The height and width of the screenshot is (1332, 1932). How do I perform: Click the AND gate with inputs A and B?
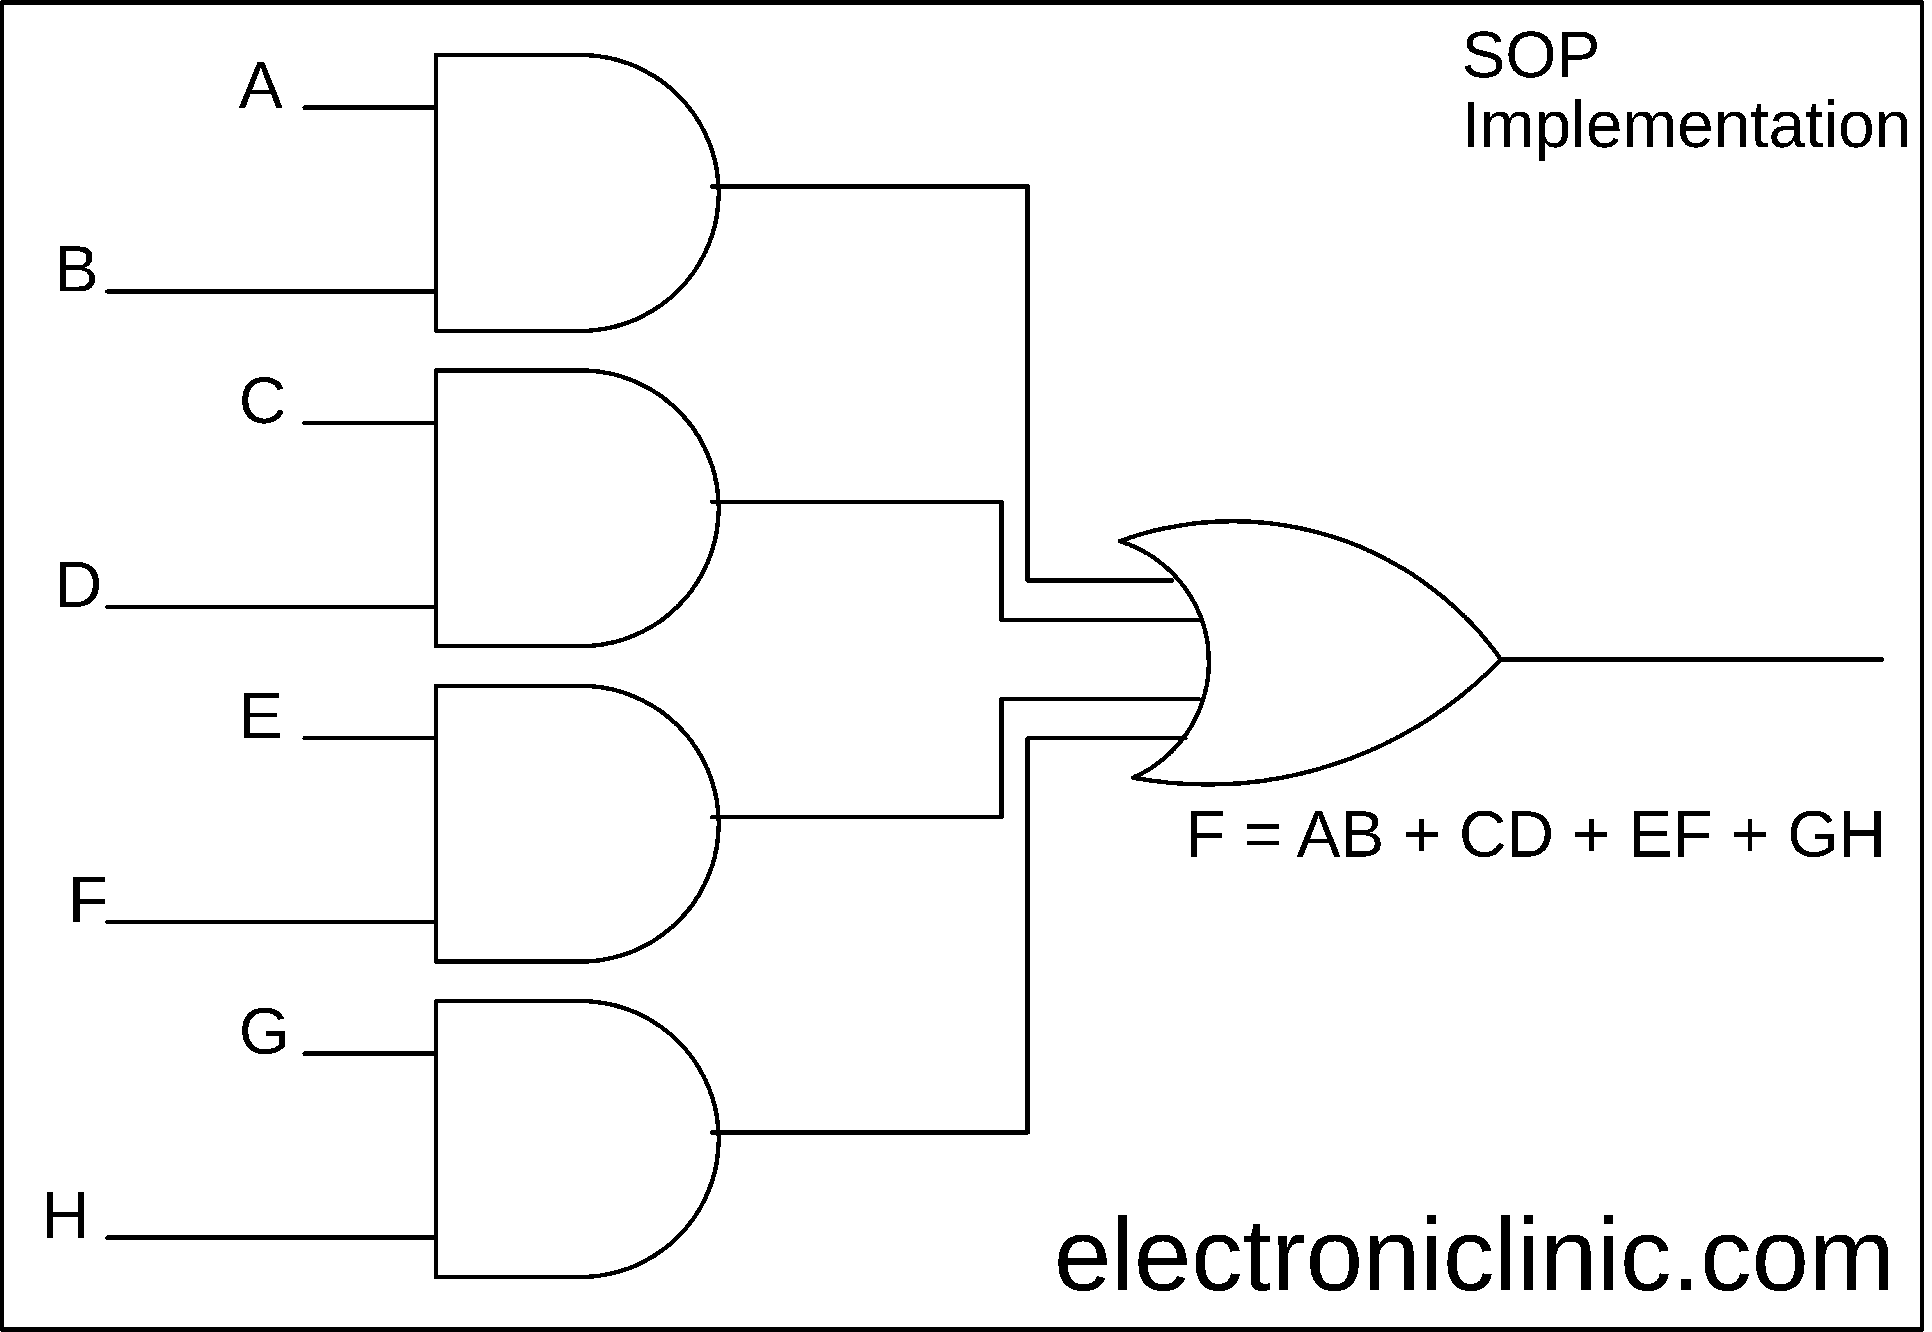click(x=576, y=193)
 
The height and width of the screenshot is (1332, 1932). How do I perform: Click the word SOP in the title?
click(x=1530, y=57)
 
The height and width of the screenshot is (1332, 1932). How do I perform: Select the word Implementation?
click(x=1686, y=127)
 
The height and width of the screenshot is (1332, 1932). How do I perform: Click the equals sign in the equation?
click(x=1261, y=837)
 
